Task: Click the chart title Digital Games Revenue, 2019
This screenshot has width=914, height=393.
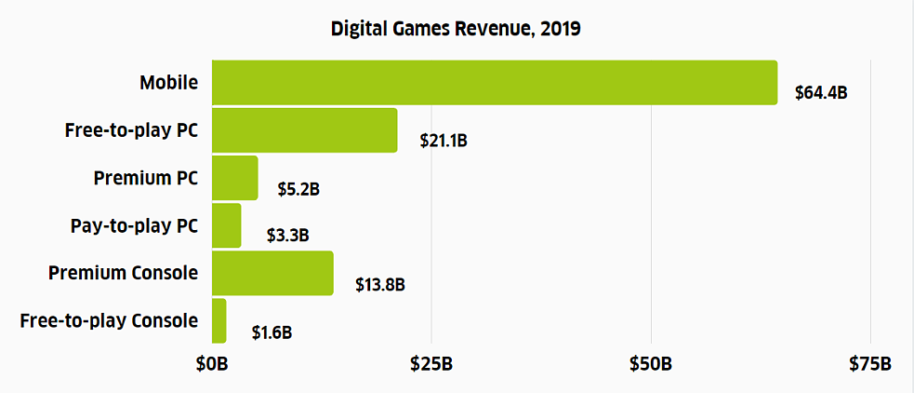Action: (x=456, y=29)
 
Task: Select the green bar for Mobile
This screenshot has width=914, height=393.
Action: (x=494, y=83)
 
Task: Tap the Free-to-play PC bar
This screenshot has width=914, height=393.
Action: (x=304, y=130)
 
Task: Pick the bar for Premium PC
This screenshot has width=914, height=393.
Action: (x=234, y=178)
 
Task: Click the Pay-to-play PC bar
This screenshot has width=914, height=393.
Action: (x=226, y=225)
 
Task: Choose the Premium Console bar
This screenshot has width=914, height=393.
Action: (x=272, y=273)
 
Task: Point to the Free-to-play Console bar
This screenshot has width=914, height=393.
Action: (x=219, y=320)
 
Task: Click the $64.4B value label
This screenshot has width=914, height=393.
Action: (x=821, y=94)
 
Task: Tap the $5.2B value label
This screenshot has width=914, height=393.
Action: (x=298, y=189)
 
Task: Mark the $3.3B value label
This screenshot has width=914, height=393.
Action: (x=287, y=237)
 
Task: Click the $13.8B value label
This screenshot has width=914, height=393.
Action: (x=379, y=284)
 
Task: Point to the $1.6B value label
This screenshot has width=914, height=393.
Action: (x=272, y=332)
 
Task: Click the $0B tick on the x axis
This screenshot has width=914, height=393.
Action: (x=211, y=363)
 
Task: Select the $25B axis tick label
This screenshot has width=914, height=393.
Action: (x=431, y=363)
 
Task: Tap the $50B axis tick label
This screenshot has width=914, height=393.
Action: (x=651, y=363)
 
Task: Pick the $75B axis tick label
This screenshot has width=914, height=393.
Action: (x=870, y=363)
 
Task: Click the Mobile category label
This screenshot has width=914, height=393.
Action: (x=168, y=83)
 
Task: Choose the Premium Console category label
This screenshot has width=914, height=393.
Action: (x=123, y=273)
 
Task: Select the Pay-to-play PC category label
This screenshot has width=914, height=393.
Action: (x=134, y=225)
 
